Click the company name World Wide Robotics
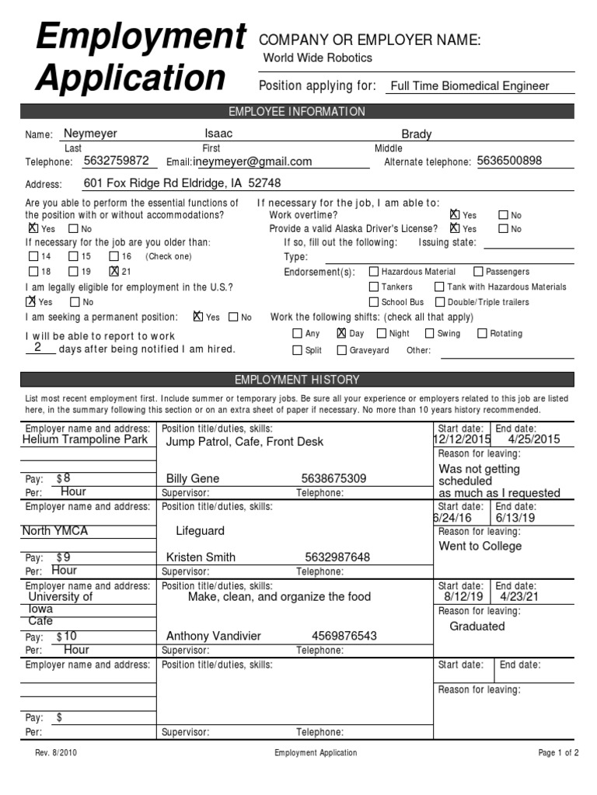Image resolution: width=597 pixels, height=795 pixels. pos(317,58)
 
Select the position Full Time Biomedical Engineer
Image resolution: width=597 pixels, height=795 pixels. pos(469,86)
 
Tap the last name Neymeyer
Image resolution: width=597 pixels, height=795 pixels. pos(90,134)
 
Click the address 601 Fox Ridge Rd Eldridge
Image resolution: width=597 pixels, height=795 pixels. pos(182,183)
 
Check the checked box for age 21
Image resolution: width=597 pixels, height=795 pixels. pos(114,271)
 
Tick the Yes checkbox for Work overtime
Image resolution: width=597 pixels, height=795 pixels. pos(455,214)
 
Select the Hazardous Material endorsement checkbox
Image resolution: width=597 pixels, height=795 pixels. pos(374,272)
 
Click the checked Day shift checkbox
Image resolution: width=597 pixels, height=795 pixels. pos(341,333)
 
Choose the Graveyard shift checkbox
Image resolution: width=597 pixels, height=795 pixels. pos(341,350)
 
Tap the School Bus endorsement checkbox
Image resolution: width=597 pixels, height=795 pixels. pos(374,302)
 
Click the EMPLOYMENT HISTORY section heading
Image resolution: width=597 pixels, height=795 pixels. pos(297,380)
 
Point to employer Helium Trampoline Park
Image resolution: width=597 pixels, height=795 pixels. pos(85,439)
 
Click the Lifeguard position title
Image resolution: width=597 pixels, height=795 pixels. pos(200,531)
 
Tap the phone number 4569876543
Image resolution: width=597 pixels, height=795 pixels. pos(344,637)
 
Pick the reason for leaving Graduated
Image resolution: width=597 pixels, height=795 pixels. pos(477,627)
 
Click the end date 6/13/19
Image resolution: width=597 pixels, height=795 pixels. pos(515,518)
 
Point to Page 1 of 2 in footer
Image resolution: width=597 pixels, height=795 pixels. pos(558,752)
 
